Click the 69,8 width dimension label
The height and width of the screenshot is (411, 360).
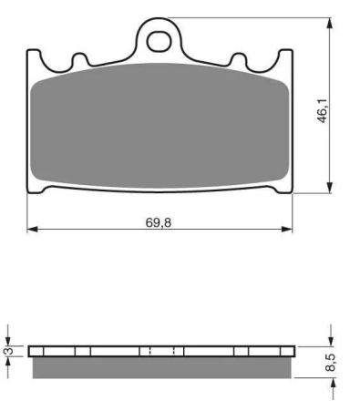tap(159, 222)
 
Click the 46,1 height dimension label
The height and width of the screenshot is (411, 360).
tap(323, 110)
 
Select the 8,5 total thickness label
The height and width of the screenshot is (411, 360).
tap(331, 362)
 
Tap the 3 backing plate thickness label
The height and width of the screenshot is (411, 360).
tap(9, 351)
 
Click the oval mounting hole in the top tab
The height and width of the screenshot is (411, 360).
tap(158, 41)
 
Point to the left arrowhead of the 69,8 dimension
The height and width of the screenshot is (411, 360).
tap(33, 229)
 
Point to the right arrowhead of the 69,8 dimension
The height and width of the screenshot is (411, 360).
tap(287, 229)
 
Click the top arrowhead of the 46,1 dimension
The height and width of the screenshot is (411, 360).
tap(329, 24)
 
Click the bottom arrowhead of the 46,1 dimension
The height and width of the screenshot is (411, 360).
tap(329, 187)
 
